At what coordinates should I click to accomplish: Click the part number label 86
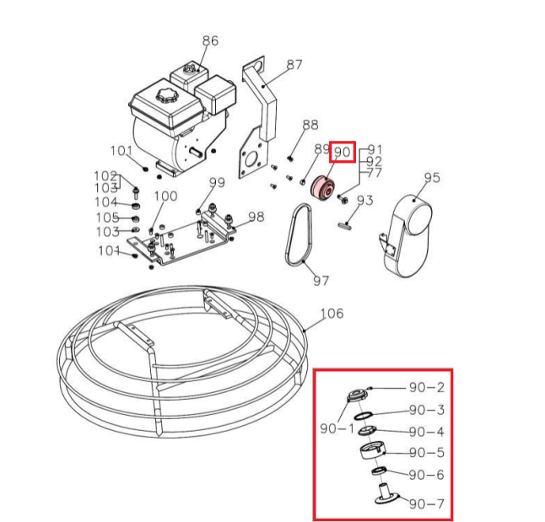tap(210, 40)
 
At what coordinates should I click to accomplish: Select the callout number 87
tap(294, 64)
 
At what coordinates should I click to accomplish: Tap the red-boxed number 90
tap(342, 153)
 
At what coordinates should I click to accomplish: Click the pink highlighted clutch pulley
tap(321, 188)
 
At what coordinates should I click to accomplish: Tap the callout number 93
tap(364, 201)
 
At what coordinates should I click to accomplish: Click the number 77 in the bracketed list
tap(375, 173)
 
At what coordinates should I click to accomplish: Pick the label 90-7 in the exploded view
tap(426, 504)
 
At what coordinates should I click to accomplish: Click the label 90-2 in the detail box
tap(426, 388)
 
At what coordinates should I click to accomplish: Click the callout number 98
tap(256, 217)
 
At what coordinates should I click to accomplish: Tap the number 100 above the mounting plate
tap(165, 196)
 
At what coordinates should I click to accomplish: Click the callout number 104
tap(105, 202)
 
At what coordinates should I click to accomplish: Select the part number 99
tap(217, 183)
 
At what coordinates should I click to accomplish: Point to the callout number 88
tap(310, 125)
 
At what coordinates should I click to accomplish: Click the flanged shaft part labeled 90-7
tap(385, 493)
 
